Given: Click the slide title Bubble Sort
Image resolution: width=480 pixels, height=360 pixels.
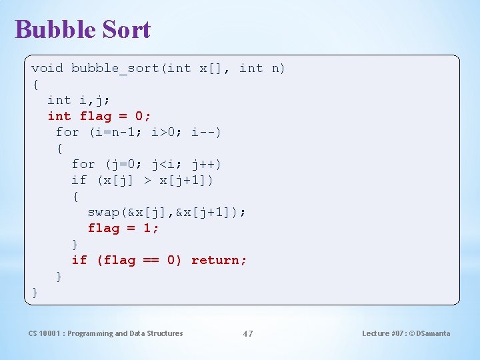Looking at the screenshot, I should coord(83,29).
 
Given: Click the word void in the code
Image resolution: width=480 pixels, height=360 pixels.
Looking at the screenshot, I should coord(47,68).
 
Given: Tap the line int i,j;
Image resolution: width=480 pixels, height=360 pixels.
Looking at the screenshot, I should coord(79,100).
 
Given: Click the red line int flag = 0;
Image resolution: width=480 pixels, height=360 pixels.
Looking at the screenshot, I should coord(99,116).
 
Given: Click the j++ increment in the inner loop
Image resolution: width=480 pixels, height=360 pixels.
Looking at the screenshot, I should coord(203,164).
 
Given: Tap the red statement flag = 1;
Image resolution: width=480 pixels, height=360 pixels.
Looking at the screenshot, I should coord(123,228).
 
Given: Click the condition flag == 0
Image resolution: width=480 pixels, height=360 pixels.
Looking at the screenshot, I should coord(139,260).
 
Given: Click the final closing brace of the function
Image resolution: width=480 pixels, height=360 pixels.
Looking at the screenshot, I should coord(35,292).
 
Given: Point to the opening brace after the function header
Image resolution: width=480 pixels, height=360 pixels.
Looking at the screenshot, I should coord(35,84).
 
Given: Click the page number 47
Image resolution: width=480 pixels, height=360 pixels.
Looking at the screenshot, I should coord(247,333).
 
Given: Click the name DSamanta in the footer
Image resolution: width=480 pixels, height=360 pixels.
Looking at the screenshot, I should coord(434,333).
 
